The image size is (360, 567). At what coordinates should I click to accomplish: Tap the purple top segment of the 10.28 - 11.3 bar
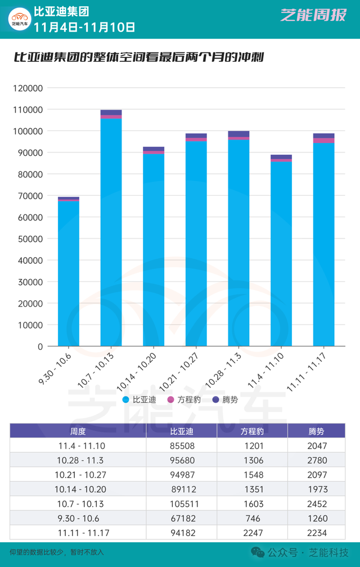[238, 134]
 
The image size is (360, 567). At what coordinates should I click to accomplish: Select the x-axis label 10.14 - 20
[138, 369]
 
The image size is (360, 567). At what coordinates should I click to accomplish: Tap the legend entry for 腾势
[225, 400]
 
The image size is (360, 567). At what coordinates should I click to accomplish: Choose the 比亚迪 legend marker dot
[126, 400]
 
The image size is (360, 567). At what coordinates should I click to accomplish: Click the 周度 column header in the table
[78, 431]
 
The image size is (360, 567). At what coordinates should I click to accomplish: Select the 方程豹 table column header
[252, 431]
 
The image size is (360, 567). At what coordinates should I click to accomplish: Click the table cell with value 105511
[182, 503]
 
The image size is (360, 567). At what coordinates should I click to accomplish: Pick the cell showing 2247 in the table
[252, 533]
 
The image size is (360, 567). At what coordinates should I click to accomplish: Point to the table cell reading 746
[252, 518]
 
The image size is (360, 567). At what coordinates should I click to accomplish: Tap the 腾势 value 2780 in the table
[318, 460]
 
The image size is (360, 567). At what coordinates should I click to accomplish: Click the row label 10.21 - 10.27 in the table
[78, 475]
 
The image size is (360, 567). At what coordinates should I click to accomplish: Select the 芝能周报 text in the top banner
[313, 15]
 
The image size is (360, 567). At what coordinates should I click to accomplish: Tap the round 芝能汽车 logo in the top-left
[19, 19]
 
